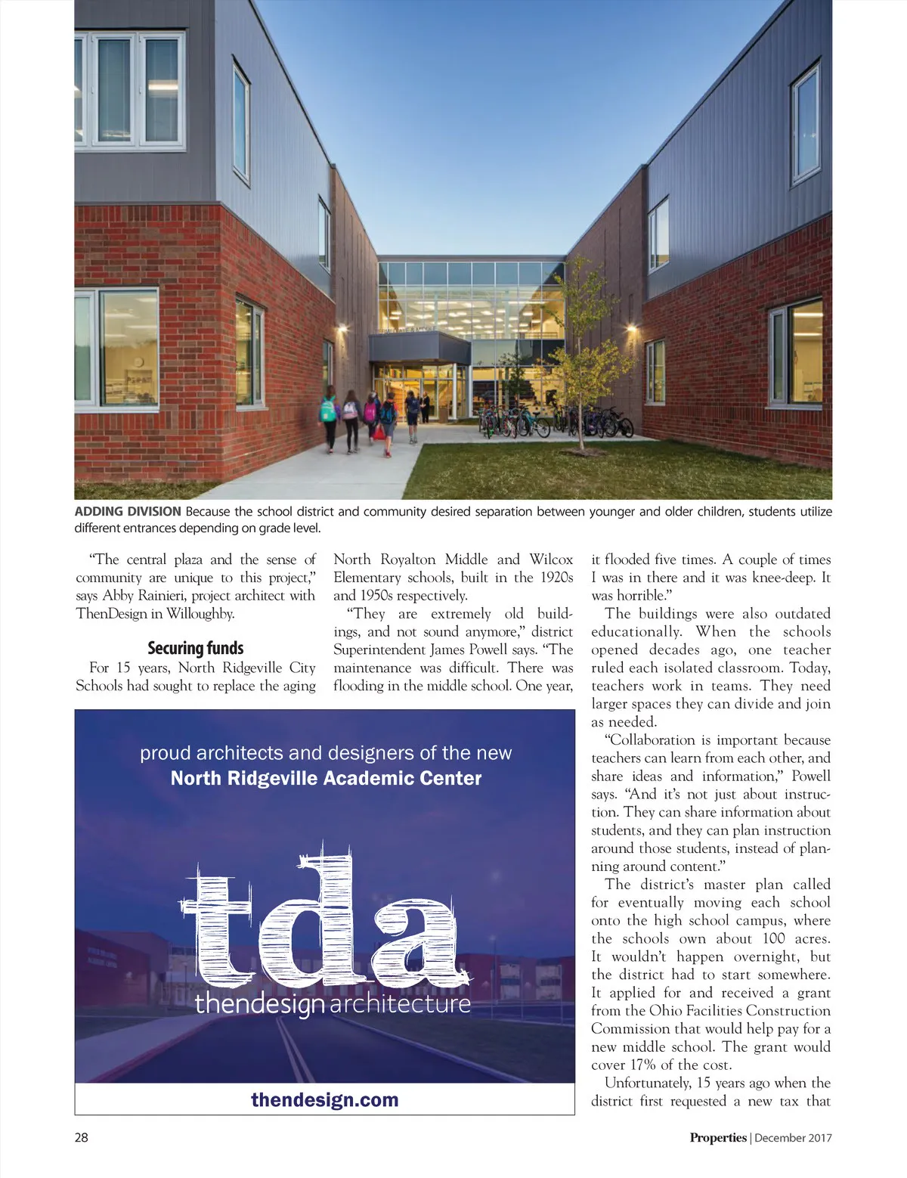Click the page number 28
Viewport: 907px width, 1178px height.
click(81, 1137)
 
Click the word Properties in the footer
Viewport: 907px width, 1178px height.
click(717, 1137)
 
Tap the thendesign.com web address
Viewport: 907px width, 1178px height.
click(324, 1099)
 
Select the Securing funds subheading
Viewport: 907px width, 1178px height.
click(196, 648)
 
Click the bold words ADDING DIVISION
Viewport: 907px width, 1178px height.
click(128, 512)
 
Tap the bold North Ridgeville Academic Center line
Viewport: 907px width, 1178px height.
click(326, 778)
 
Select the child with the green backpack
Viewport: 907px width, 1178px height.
click(328, 412)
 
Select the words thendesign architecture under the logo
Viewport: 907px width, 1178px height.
click(333, 1004)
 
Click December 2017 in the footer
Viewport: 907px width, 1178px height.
click(793, 1137)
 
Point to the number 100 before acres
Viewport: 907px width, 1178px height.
click(773, 939)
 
